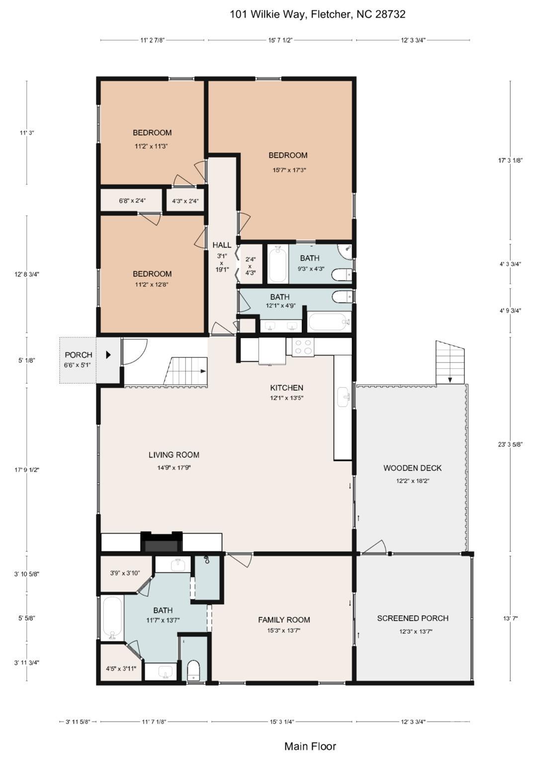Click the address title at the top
[x=317, y=14]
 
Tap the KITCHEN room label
[x=286, y=388]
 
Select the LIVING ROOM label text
[x=174, y=455]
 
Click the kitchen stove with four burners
[x=303, y=347]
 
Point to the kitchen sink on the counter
[x=344, y=397]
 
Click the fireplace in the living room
[x=161, y=543]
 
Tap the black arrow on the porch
[x=108, y=355]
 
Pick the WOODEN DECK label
[x=412, y=468]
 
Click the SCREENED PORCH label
[x=413, y=618]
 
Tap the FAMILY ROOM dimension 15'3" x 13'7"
[x=284, y=631]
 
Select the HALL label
[x=222, y=245]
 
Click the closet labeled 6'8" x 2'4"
[x=132, y=201]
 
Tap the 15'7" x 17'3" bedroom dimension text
[x=289, y=170]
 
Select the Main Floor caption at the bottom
[x=310, y=746]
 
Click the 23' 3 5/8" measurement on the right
[x=510, y=444]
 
